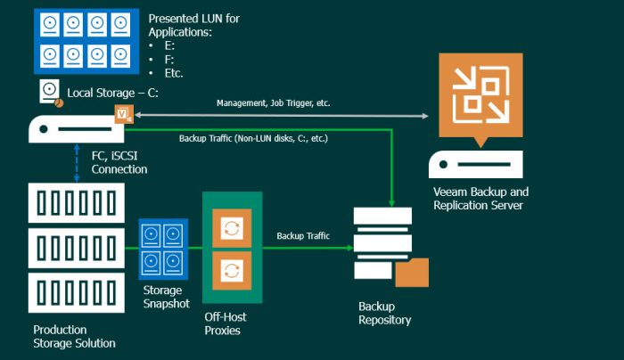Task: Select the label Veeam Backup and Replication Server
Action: click(x=480, y=199)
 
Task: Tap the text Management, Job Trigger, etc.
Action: click(x=273, y=103)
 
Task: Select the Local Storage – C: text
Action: click(x=112, y=92)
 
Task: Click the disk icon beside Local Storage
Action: click(x=51, y=92)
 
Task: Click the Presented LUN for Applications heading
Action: click(x=193, y=24)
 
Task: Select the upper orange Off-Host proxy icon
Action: click(x=232, y=228)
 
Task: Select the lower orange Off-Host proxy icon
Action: click(x=232, y=268)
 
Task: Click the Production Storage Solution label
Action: click(x=74, y=336)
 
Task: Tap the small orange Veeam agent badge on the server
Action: click(x=123, y=114)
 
